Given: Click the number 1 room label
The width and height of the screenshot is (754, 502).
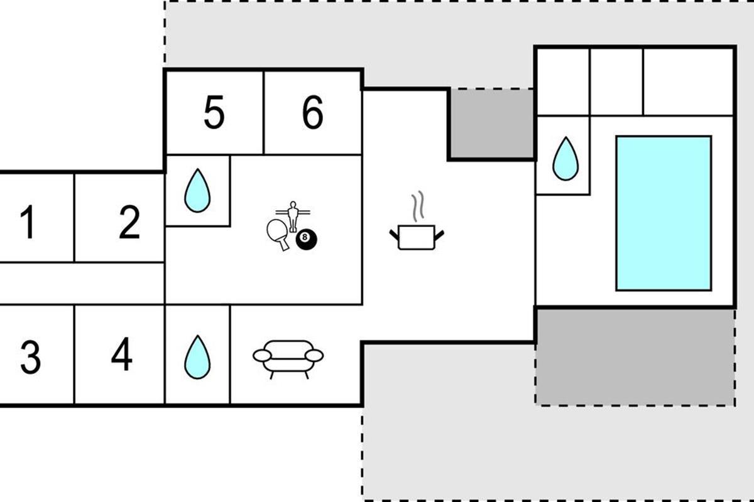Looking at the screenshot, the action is click(x=28, y=222).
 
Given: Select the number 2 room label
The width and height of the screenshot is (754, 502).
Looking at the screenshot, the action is click(x=129, y=222).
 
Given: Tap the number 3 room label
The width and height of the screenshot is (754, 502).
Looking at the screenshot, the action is click(x=31, y=358).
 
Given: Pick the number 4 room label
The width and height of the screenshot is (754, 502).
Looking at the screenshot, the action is click(x=122, y=354).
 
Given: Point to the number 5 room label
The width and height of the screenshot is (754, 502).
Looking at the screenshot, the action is click(x=214, y=112).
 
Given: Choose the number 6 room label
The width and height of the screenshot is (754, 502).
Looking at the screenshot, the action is click(x=313, y=112).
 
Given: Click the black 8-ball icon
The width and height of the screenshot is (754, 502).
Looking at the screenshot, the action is click(x=306, y=239).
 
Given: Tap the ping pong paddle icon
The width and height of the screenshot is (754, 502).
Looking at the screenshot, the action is click(x=278, y=234).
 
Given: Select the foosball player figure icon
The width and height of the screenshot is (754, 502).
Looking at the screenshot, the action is click(x=293, y=216).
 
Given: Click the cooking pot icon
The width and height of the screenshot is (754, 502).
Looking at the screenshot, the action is click(x=417, y=237).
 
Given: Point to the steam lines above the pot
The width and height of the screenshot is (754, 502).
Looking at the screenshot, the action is click(x=418, y=206).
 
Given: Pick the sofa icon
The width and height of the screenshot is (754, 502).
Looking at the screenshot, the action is click(x=288, y=360).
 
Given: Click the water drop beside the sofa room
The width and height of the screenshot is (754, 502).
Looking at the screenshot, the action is click(x=197, y=357).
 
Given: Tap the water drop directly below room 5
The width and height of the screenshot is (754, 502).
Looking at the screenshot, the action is click(x=197, y=191).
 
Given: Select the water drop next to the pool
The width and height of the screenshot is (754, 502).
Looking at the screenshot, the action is click(x=565, y=159).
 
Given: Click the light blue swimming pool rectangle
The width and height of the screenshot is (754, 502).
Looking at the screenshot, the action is click(x=664, y=213).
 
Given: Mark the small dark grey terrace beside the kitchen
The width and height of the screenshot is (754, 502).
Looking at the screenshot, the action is click(x=492, y=123).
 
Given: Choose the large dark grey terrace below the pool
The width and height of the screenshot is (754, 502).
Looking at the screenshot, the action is click(x=635, y=358).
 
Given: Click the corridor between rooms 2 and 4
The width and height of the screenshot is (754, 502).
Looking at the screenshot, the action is click(x=82, y=284).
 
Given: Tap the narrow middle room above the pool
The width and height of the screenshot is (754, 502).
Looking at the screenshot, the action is click(x=616, y=82).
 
